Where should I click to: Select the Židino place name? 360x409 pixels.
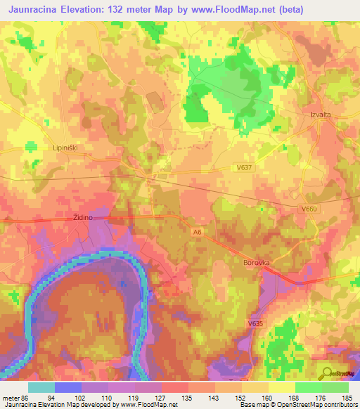pyautogui.click(x=82, y=218)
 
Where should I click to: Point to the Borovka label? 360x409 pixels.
pyautogui.click(x=257, y=262)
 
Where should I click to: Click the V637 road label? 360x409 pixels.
pyautogui.click(x=245, y=167)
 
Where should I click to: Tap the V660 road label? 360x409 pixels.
pyautogui.click(x=310, y=209)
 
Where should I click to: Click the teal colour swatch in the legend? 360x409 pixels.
pyautogui.click(x=41, y=387)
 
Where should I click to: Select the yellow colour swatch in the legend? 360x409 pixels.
pyautogui.click(x=281, y=387)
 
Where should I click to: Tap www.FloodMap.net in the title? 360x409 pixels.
pyautogui.click(x=257, y=10)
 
